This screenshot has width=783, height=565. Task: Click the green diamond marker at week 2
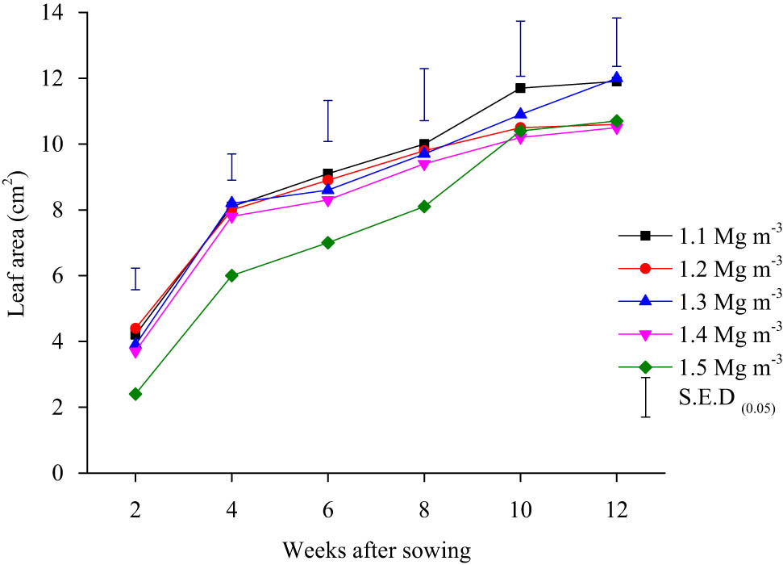pyautogui.click(x=135, y=394)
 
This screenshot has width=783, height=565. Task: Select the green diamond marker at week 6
pyautogui.click(x=328, y=243)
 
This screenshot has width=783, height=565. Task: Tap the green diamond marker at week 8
pyautogui.click(x=424, y=207)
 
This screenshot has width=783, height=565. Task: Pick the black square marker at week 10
pyautogui.click(x=520, y=88)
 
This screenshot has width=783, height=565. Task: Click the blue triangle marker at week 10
pyautogui.click(x=520, y=114)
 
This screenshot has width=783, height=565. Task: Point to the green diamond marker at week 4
pyautogui.click(x=231, y=275)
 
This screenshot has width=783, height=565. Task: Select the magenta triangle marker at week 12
pyautogui.click(x=616, y=128)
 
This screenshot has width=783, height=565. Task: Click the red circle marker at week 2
pyautogui.click(x=135, y=329)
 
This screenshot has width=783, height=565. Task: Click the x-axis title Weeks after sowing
pyautogui.click(x=377, y=551)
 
